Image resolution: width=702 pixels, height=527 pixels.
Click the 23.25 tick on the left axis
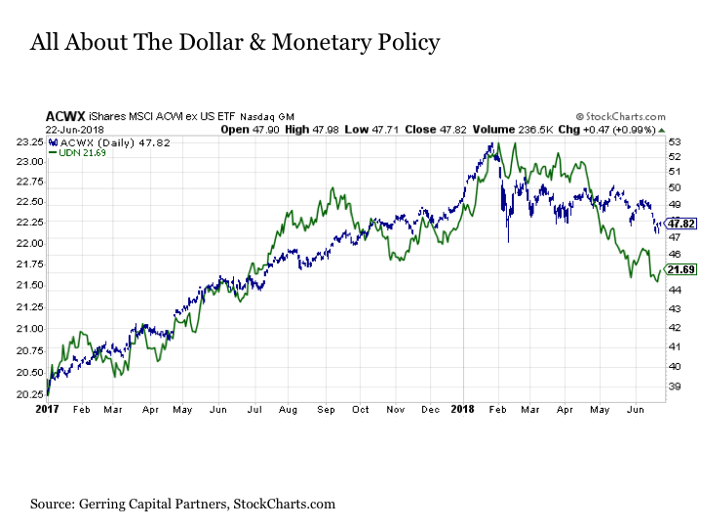[x=28, y=142]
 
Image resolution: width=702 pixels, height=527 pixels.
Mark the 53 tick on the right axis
[x=673, y=142]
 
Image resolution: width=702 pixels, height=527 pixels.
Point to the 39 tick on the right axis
[x=673, y=387]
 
